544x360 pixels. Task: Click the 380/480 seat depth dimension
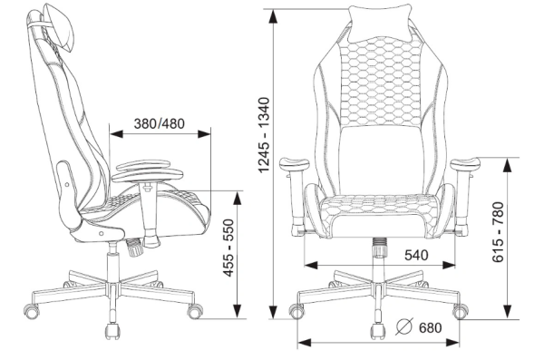(x=160, y=123)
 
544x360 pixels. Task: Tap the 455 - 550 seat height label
(x=228, y=248)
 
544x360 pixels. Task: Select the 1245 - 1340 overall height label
(x=264, y=135)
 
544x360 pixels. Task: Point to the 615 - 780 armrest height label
(x=498, y=232)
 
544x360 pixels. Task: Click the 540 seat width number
(x=416, y=255)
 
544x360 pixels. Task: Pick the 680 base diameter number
(x=430, y=327)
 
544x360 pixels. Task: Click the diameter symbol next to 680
(x=404, y=326)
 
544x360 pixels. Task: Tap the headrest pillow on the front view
(x=380, y=23)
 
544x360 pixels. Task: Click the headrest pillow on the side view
(x=63, y=28)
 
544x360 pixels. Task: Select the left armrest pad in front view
(x=294, y=163)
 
